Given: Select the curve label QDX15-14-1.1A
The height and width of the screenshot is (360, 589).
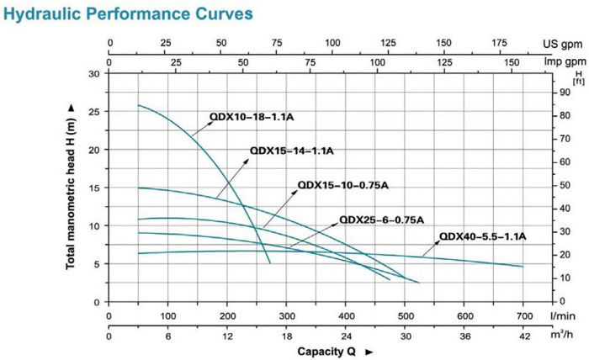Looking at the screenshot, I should click(x=292, y=151).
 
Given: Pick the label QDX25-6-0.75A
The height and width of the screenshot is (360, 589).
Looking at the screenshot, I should click(x=379, y=220).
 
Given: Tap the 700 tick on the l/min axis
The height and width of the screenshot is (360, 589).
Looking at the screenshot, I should click(x=523, y=315).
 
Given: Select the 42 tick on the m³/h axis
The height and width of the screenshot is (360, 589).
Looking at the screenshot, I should click(x=523, y=336).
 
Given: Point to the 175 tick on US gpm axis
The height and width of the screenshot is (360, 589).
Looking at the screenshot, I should click(x=499, y=42).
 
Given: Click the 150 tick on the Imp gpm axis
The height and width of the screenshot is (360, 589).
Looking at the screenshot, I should click(x=510, y=61).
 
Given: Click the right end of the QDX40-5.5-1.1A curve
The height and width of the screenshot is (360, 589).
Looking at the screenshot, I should click(x=523, y=266).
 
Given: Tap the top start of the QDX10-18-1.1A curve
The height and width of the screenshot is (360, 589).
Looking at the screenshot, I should click(x=139, y=105).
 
